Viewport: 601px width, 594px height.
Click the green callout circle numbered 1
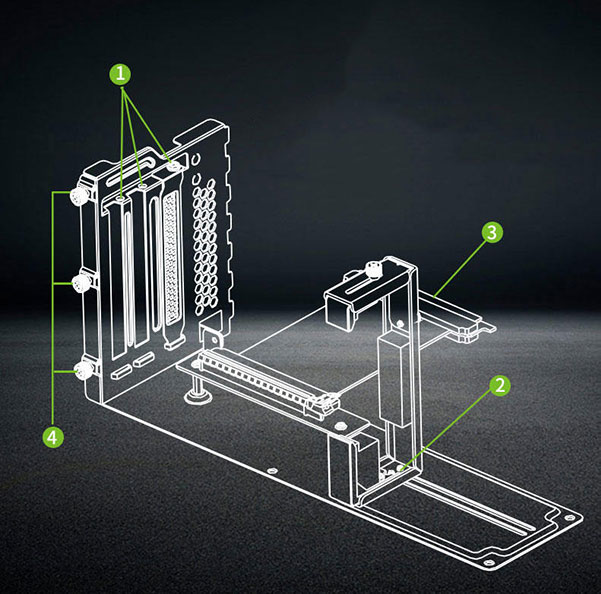120,74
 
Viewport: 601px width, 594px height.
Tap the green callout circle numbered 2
500,385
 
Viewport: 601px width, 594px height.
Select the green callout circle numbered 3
492,232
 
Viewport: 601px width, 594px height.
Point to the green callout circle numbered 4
53,436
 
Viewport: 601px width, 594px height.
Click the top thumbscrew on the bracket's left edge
79,197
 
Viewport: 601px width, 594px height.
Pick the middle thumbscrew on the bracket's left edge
81,283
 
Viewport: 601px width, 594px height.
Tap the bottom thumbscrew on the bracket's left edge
84,371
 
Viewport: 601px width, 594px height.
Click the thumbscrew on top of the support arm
373,269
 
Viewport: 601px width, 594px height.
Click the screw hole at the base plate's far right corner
571,518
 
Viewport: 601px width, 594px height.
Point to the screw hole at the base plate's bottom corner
488,563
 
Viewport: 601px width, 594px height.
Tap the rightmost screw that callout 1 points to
175,166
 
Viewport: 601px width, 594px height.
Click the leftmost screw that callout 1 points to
121,199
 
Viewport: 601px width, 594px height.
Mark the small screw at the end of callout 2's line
401,468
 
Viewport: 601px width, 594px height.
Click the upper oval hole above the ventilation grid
196,158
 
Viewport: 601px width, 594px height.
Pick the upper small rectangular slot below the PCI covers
143,359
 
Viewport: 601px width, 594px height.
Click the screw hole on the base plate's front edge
272,470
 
